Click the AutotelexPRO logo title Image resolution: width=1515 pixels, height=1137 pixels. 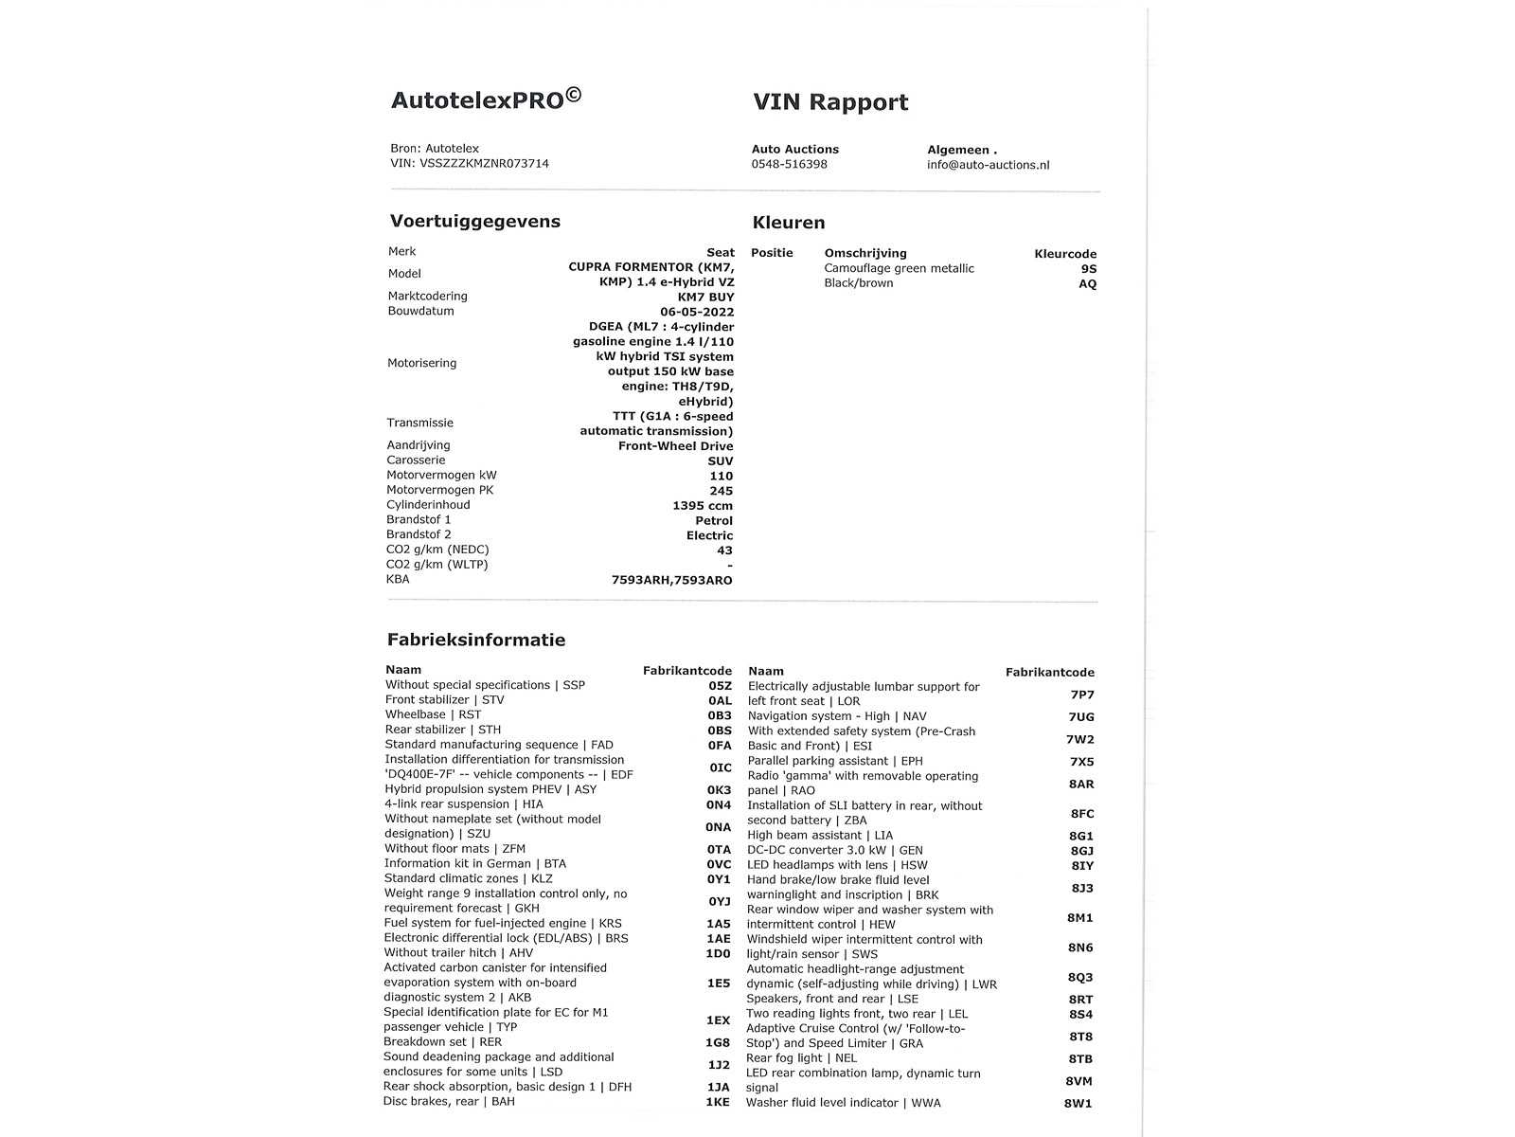tap(486, 99)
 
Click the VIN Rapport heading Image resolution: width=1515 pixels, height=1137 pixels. tap(830, 102)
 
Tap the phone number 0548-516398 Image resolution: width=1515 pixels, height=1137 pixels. tap(789, 164)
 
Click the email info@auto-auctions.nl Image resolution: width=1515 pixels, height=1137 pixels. tap(988, 165)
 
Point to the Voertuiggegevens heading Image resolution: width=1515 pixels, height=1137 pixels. tap(474, 222)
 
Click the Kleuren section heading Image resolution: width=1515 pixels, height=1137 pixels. tap(788, 223)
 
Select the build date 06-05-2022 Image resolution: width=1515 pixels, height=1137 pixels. tap(697, 312)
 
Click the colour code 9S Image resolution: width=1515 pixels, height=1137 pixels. tap(1088, 269)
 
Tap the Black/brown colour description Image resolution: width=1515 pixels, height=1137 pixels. tap(858, 283)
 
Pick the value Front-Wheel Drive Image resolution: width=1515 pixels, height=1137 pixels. tap(675, 446)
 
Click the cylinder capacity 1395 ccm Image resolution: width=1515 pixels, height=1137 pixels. tap(703, 506)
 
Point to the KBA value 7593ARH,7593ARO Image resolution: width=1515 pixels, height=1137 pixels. tap(671, 580)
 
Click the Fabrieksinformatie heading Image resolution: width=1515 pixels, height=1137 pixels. tap(475, 640)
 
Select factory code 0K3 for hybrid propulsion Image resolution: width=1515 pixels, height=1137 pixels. tap(719, 789)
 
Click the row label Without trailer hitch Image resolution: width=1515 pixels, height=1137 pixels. tap(458, 953)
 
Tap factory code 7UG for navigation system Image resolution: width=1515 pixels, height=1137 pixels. tap(1080, 717)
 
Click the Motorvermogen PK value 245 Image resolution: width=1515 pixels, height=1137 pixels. tap(721, 491)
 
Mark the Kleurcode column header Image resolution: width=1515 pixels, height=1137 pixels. tap(1064, 254)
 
